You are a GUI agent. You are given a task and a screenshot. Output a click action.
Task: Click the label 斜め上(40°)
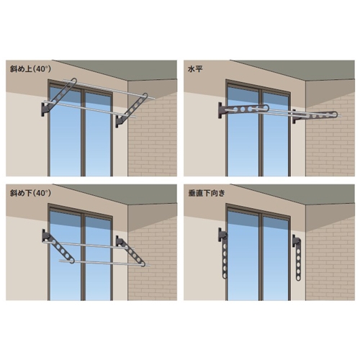coord(30,69)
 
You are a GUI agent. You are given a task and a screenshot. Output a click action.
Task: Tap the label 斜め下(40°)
coord(30,193)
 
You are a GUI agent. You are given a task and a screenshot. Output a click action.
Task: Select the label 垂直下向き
coord(207,193)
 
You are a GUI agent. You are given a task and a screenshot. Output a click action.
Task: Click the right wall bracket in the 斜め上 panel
coord(119,121)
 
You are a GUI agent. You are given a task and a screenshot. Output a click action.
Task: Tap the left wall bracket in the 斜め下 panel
coord(45,236)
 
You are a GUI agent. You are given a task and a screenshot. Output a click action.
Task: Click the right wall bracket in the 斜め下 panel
coord(120,241)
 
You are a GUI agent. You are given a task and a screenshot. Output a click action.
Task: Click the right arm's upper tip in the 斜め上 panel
coord(145,95)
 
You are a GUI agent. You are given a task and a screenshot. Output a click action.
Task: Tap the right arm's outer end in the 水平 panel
coord(336,114)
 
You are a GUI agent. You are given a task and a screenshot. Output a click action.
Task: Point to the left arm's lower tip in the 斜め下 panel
coord(72,261)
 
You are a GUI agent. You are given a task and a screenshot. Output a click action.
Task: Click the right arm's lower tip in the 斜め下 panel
coord(143,264)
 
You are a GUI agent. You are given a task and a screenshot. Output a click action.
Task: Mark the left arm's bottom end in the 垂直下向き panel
coord(225,276)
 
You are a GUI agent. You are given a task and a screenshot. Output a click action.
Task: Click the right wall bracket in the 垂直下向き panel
coord(296,240)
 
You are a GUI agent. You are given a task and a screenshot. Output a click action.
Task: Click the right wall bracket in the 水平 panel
coord(294,117)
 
